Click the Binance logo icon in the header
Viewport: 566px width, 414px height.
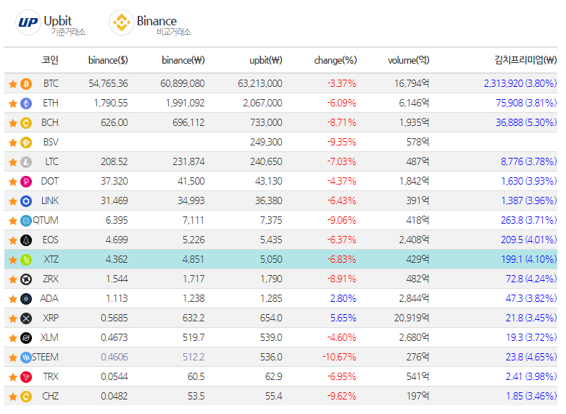pyautogui.click(x=120, y=22)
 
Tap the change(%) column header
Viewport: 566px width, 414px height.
pyautogui.click(x=335, y=60)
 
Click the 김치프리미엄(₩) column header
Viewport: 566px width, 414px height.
pyautogui.click(x=525, y=60)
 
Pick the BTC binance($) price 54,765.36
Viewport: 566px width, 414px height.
pyautogui.click(x=105, y=84)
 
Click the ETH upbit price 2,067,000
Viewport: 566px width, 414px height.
pyautogui.click(x=260, y=103)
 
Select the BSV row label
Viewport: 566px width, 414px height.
pyautogui.click(x=51, y=143)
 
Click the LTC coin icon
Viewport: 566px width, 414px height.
pyautogui.click(x=26, y=162)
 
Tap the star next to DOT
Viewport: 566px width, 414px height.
pyautogui.click(x=12, y=182)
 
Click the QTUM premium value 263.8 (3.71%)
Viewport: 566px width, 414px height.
pyautogui.click(x=528, y=220)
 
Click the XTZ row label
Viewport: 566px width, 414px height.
pyautogui.click(x=51, y=259)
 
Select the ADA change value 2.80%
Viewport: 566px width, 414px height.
pyautogui.click(x=343, y=298)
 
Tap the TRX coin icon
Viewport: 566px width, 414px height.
pyautogui.click(x=26, y=376)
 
